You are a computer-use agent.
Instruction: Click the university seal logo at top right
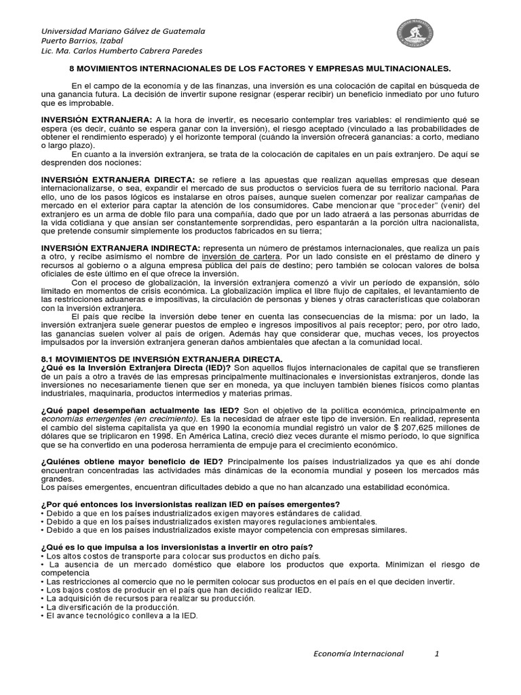(414, 35)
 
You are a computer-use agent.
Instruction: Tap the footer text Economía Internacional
(358, 654)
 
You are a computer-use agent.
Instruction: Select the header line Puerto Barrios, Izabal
(82, 41)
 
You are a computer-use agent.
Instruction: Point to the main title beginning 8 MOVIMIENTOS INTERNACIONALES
(260, 69)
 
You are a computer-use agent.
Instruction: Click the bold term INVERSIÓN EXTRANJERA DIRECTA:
(118, 179)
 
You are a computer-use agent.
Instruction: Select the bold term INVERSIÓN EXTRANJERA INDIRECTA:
(120, 248)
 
